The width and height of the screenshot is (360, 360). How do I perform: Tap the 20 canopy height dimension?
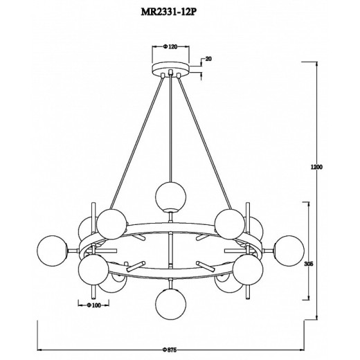click(208, 60)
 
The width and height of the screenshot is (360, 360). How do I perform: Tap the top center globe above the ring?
click(170, 194)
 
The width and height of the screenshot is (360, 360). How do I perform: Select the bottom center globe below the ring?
click(170, 301)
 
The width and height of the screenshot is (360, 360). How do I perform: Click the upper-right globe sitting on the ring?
click(228, 223)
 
